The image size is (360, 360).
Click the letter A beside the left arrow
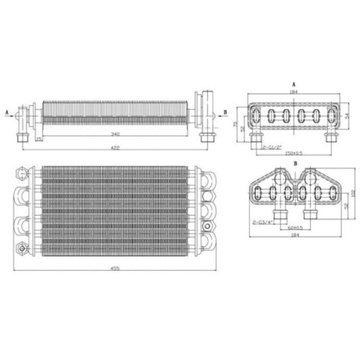7,110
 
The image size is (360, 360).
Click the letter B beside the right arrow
224,110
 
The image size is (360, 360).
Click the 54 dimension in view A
349,116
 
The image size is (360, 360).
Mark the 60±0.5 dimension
296,227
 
